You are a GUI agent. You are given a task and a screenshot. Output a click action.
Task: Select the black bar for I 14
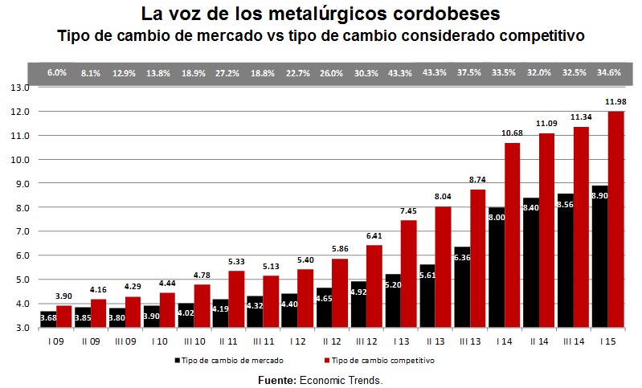tap(497, 267)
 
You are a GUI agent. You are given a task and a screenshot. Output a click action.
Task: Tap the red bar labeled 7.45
tap(409, 273)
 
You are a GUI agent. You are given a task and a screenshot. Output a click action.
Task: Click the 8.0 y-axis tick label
tap(20, 207)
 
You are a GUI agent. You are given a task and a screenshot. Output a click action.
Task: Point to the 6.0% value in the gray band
tap(56, 72)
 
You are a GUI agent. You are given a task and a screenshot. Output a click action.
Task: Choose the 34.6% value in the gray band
tap(608, 72)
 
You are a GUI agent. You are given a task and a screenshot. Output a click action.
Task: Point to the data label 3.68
tap(49, 320)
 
